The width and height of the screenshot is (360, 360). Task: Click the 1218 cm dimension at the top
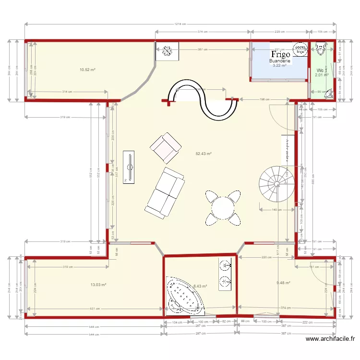(x=180, y=24)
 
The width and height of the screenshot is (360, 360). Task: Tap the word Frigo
(x=280, y=55)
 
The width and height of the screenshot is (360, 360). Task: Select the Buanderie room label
(x=279, y=61)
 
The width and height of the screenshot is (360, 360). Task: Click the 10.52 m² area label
(x=87, y=70)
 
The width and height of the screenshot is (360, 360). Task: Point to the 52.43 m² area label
(x=204, y=154)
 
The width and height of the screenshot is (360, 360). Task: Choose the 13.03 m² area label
(x=98, y=285)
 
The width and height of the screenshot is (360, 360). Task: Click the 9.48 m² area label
(x=283, y=283)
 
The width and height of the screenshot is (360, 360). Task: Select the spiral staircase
(x=275, y=182)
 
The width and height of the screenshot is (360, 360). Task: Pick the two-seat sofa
(x=165, y=192)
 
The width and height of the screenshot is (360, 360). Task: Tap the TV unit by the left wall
(x=129, y=167)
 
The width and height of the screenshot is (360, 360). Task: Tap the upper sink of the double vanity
(x=225, y=265)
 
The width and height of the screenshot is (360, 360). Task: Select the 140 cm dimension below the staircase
(x=276, y=210)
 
